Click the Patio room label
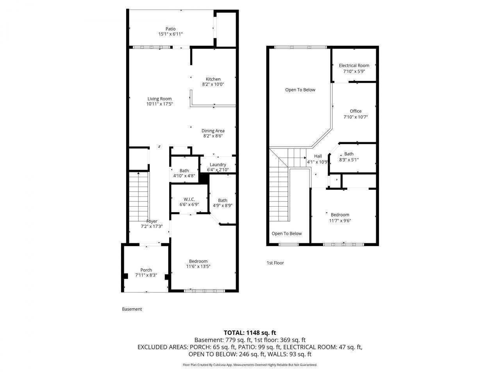(170, 29)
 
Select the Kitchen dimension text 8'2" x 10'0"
(213, 84)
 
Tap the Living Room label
(159, 99)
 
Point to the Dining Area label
(213, 131)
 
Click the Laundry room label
(218, 164)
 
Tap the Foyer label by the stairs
(152, 221)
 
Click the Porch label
(146, 270)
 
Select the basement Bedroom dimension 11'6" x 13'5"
(198, 267)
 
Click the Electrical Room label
(354, 66)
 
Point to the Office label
(355, 111)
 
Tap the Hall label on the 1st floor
(318, 156)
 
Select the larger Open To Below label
(300, 90)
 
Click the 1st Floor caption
(275, 263)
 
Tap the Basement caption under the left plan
(132, 309)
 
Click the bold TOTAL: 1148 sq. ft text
(250, 333)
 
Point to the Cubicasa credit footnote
(250, 365)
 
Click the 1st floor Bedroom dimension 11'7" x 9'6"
(340, 220)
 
